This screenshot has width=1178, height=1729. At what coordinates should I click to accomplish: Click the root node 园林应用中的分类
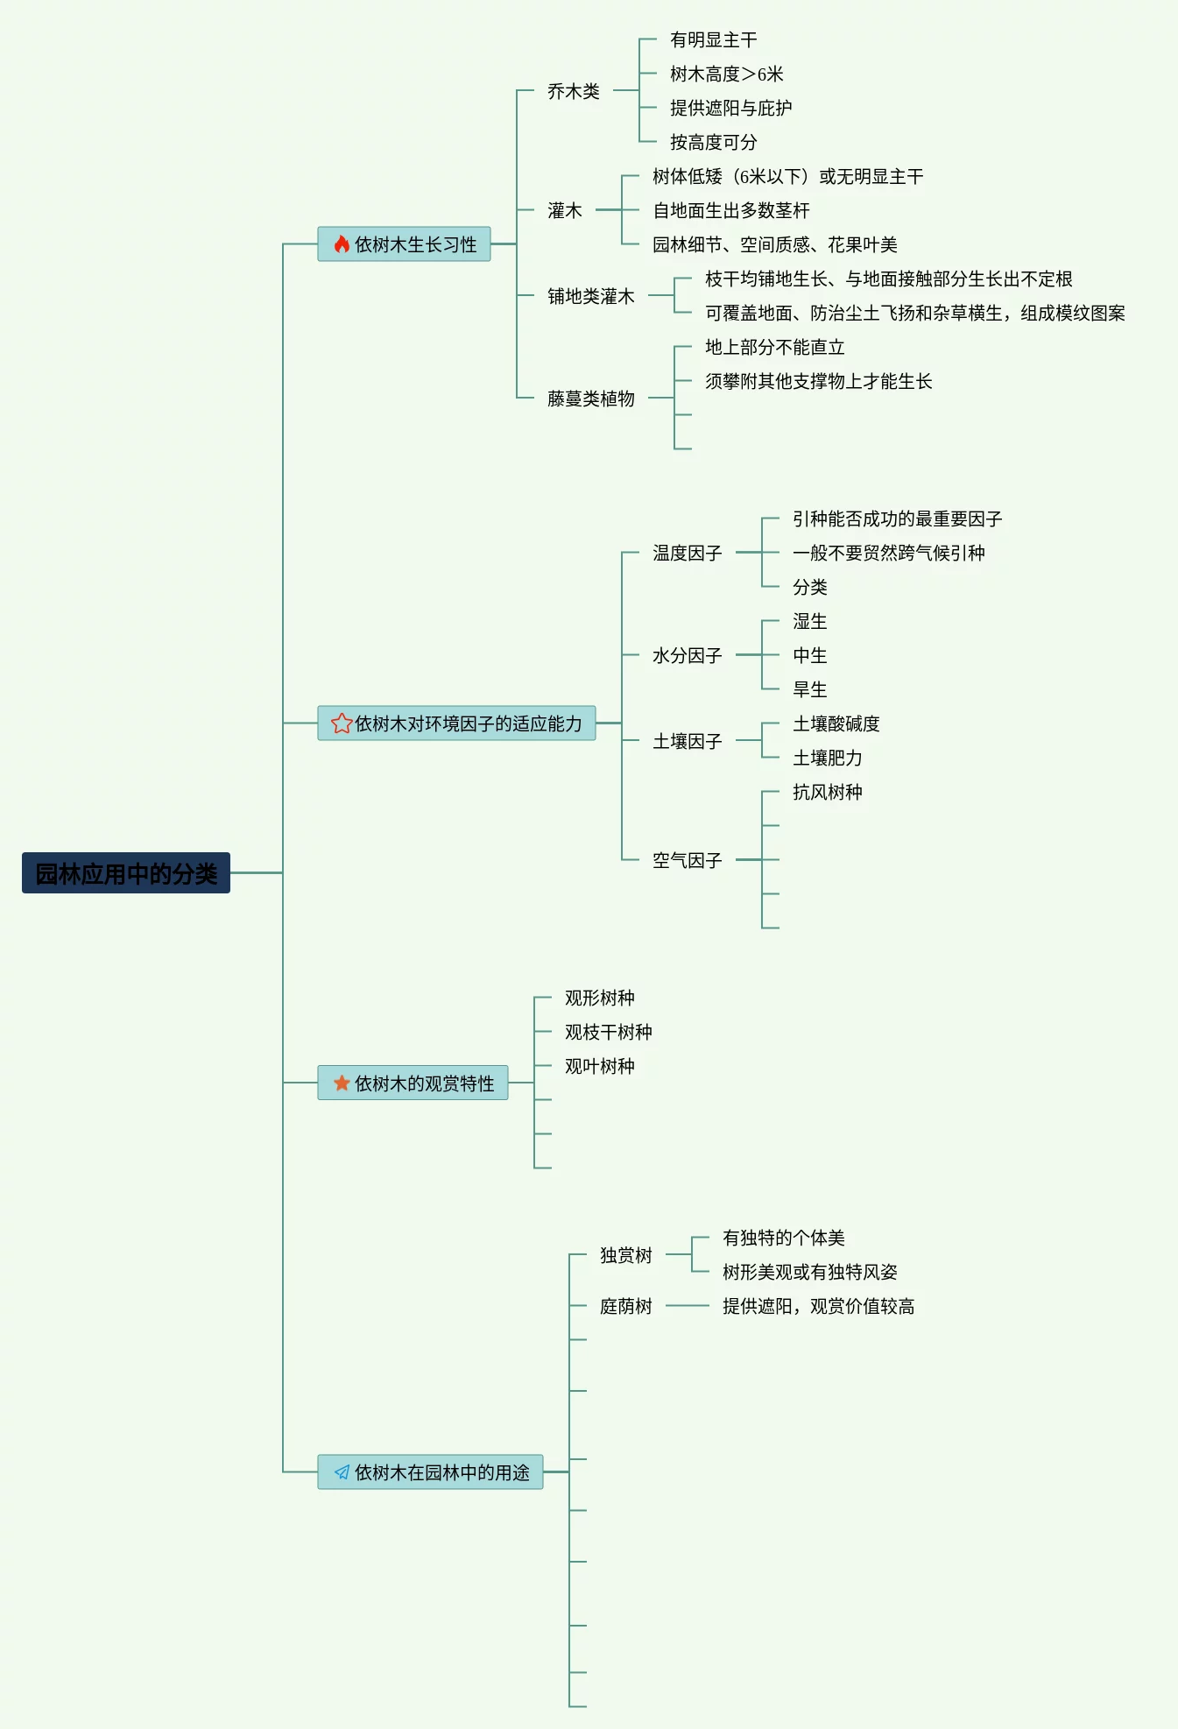click(x=126, y=873)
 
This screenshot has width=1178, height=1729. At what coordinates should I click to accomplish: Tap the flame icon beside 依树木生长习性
click(x=342, y=244)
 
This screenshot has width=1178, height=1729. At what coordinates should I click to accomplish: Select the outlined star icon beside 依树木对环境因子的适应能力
click(x=342, y=723)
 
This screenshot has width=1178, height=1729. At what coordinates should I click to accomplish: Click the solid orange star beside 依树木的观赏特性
click(x=342, y=1083)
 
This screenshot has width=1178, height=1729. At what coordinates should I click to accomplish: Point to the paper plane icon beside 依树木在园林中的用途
click(x=342, y=1472)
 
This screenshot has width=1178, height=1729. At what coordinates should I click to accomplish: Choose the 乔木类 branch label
click(x=574, y=91)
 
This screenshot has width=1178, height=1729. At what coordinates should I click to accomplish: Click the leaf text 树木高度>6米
click(x=726, y=74)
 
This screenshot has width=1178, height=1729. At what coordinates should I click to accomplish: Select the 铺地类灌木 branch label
click(x=590, y=296)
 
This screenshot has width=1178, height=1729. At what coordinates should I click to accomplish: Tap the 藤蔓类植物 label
click(x=590, y=399)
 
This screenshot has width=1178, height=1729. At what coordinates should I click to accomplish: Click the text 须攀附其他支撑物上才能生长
click(x=818, y=381)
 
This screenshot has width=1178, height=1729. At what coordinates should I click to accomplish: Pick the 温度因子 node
click(x=687, y=553)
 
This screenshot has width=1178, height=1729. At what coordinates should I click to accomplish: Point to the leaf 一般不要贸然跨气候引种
click(x=888, y=553)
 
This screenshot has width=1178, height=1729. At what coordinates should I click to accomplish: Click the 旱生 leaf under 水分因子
click(x=809, y=689)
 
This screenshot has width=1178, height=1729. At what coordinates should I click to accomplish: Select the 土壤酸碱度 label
click(x=836, y=723)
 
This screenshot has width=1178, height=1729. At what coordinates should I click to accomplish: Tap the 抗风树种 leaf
click(x=827, y=792)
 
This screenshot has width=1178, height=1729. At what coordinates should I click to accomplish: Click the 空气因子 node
click(x=687, y=860)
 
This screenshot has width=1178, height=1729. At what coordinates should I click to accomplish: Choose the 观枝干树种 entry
click(x=608, y=1032)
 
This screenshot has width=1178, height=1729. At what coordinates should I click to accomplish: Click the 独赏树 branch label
click(x=625, y=1255)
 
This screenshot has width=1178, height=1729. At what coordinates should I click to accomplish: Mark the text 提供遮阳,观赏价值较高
click(x=818, y=1306)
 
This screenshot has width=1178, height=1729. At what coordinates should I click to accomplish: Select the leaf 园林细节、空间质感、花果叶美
click(x=774, y=244)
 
